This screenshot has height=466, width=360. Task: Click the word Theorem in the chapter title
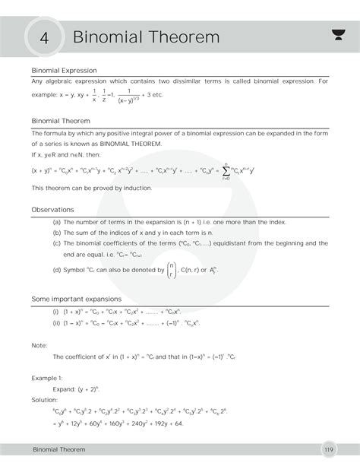[185, 36]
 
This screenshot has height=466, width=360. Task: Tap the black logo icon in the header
[338, 33]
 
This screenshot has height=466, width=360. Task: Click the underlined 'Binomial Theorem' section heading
[60, 121]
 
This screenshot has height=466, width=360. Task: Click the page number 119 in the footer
[328, 450]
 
